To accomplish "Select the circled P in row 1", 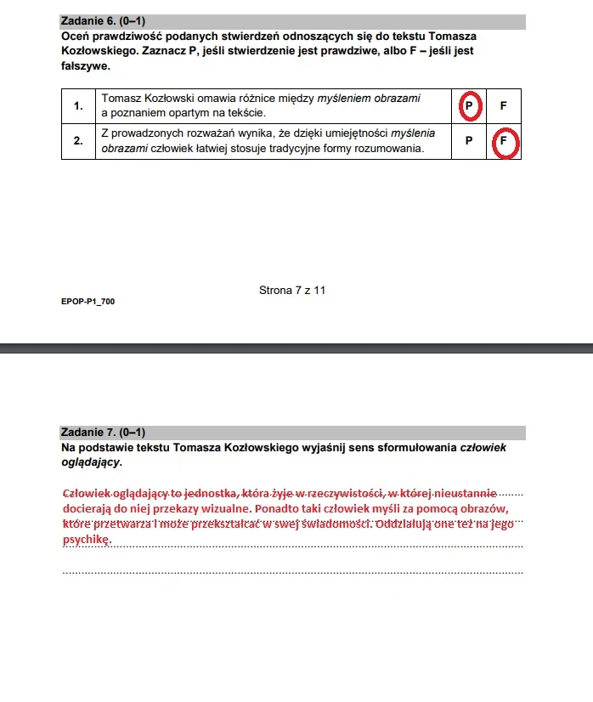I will pyautogui.click(x=469, y=106).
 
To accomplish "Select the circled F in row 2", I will pyautogui.click(x=504, y=142).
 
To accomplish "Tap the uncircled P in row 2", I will pyautogui.click(x=469, y=142).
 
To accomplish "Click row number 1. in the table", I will pyautogui.click(x=78, y=106).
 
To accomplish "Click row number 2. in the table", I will pyautogui.click(x=78, y=142).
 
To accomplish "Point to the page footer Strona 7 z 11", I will pyautogui.click(x=292, y=291).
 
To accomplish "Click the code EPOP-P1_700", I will pyautogui.click(x=88, y=301).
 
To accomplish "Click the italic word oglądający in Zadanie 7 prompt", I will pyautogui.click(x=90, y=462).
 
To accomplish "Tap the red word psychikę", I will pyautogui.click(x=86, y=540).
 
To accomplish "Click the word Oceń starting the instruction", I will pyautogui.click(x=75, y=37).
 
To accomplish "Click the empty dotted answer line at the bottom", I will pyautogui.click(x=293, y=572).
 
